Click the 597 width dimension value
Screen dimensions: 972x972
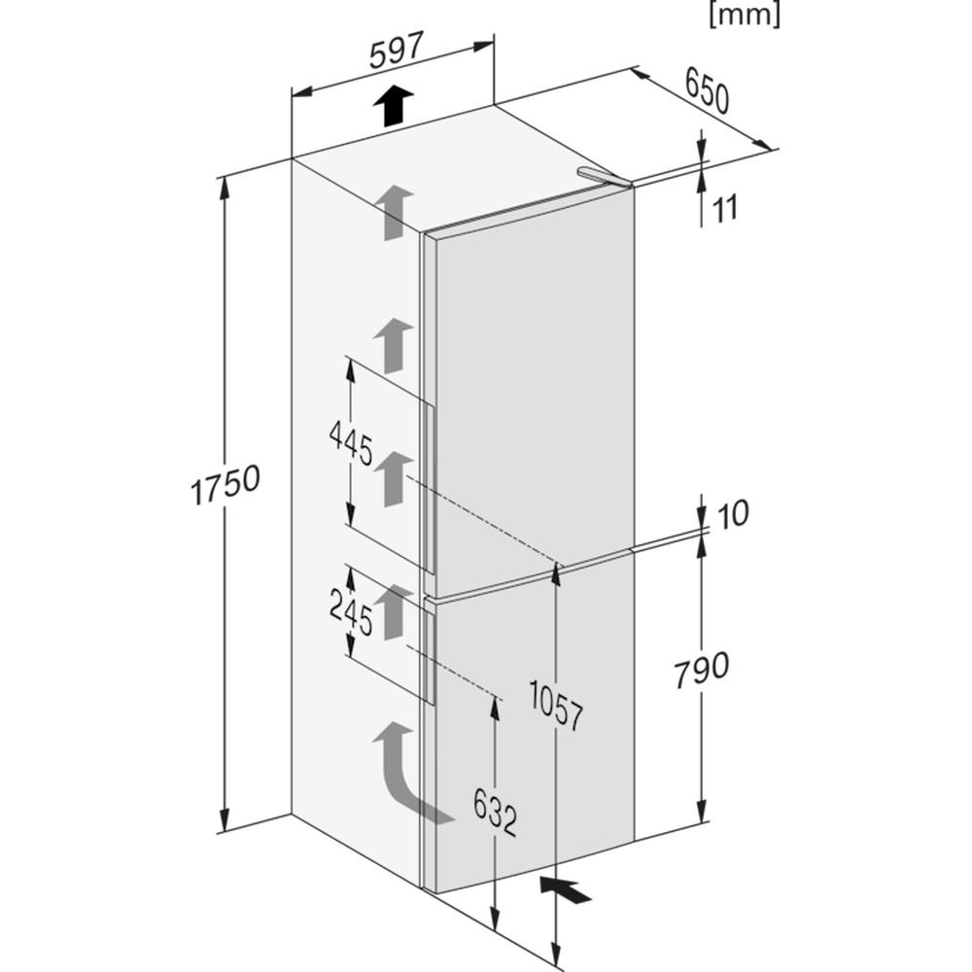(397, 51)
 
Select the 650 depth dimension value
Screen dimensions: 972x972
(708, 90)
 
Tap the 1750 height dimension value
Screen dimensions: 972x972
(226, 484)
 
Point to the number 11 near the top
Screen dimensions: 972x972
(725, 208)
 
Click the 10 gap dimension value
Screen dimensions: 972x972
(732, 514)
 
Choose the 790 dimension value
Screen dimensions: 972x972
(701, 669)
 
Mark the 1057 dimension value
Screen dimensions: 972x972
(556, 705)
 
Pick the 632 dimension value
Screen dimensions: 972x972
(495, 812)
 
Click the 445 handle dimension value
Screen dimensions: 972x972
(351, 442)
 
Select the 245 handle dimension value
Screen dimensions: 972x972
(351, 612)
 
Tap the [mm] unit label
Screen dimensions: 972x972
(745, 15)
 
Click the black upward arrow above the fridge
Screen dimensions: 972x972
(394, 106)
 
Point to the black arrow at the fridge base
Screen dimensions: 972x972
(566, 890)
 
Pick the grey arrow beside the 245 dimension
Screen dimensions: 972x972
(393, 611)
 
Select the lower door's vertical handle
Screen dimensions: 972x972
(429, 656)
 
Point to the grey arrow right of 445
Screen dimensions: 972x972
(393, 478)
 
